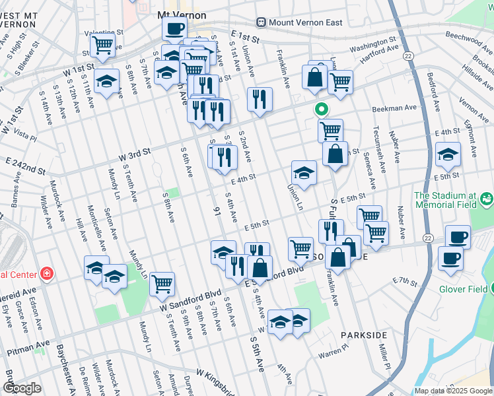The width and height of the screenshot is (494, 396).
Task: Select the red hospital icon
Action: click(46, 273)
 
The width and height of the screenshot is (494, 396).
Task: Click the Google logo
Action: click(22, 388)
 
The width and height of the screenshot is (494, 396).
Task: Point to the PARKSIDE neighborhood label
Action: click(363, 335)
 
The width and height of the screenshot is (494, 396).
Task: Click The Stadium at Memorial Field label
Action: click(453, 201)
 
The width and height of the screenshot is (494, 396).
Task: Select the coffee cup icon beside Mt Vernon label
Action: click(174, 29)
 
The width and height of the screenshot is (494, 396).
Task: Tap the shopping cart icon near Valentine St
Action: click(102, 45)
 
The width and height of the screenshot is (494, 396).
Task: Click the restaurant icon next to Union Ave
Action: click(260, 100)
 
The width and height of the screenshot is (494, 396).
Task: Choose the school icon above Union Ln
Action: click(304, 173)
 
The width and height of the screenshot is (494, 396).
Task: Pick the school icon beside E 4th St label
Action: click(448, 154)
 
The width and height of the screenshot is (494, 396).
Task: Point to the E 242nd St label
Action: click(26, 166)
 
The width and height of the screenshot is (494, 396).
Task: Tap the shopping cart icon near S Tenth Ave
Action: click(162, 284)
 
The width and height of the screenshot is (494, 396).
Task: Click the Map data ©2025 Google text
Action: click(453, 391)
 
